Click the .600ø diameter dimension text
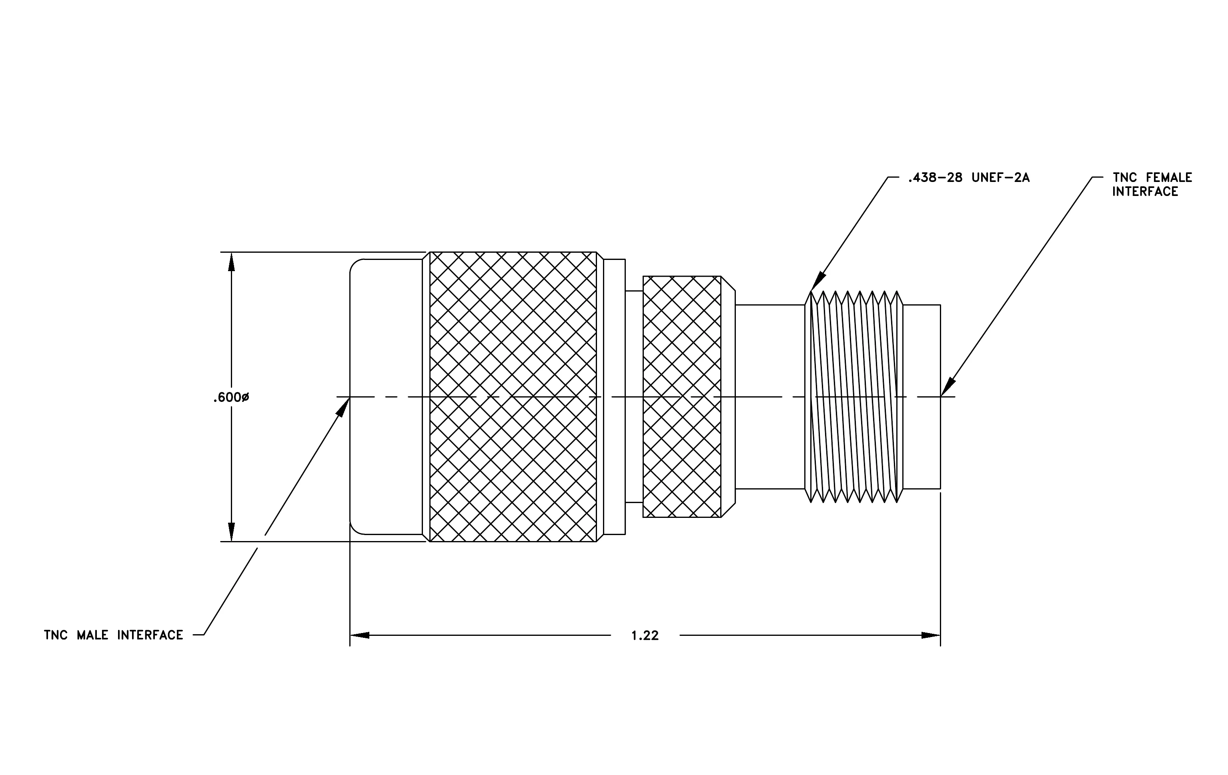click(x=231, y=397)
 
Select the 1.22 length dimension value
click(x=645, y=636)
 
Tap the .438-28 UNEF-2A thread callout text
click(x=968, y=178)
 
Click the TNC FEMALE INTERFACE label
click(x=1152, y=184)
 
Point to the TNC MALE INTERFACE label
click(x=113, y=635)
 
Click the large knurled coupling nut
click(x=513, y=397)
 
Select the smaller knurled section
click(x=682, y=397)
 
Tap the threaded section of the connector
click(x=854, y=397)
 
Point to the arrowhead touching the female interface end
click(x=948, y=387)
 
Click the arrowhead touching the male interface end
click(x=343, y=407)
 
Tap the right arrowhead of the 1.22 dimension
click(x=931, y=635)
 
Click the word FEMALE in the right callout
click(x=1169, y=178)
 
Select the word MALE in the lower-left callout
click(x=92, y=635)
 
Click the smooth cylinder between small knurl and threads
click(x=770, y=397)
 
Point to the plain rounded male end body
click(x=386, y=397)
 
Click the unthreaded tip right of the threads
click(x=922, y=397)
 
